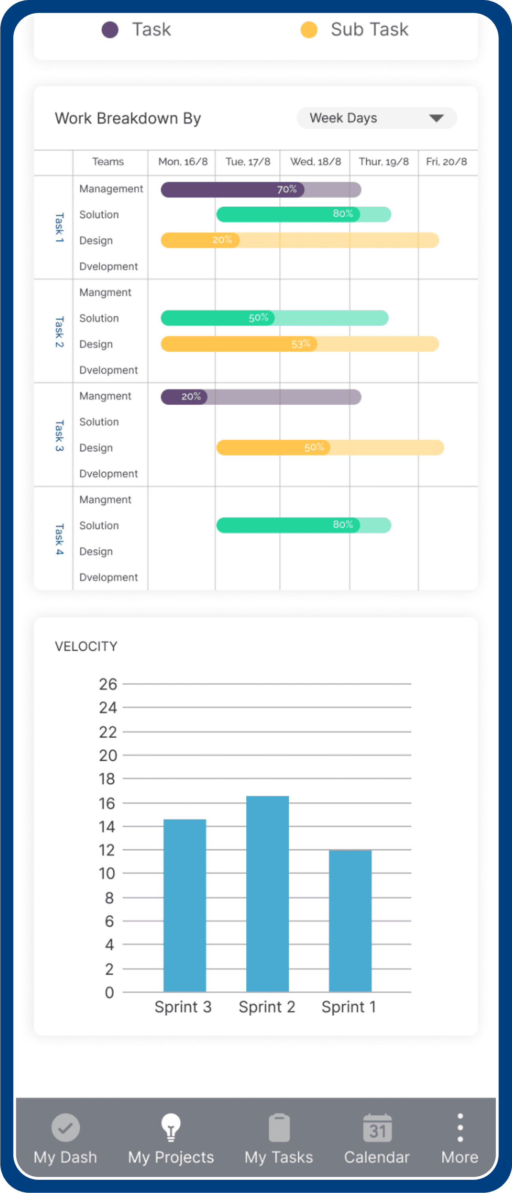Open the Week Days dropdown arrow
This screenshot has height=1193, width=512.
pos(436,118)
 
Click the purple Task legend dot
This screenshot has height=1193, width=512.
pos(110,30)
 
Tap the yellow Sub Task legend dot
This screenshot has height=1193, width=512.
pos(309,30)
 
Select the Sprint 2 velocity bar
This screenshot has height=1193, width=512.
pos(267,894)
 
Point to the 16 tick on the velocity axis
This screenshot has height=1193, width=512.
pos(107,803)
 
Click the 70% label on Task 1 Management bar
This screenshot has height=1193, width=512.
pos(287,190)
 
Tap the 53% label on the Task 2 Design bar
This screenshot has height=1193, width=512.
pos(301,344)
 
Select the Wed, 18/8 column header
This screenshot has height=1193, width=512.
pos(315,162)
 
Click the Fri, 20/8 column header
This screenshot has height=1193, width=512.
pos(446,162)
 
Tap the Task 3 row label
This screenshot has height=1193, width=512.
pos(59,435)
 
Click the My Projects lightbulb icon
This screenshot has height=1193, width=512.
pos(171,1127)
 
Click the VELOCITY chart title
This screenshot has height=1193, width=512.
pos(86,647)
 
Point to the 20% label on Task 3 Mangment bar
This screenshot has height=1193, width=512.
pos(191,396)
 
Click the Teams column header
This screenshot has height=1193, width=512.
pos(108,162)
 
